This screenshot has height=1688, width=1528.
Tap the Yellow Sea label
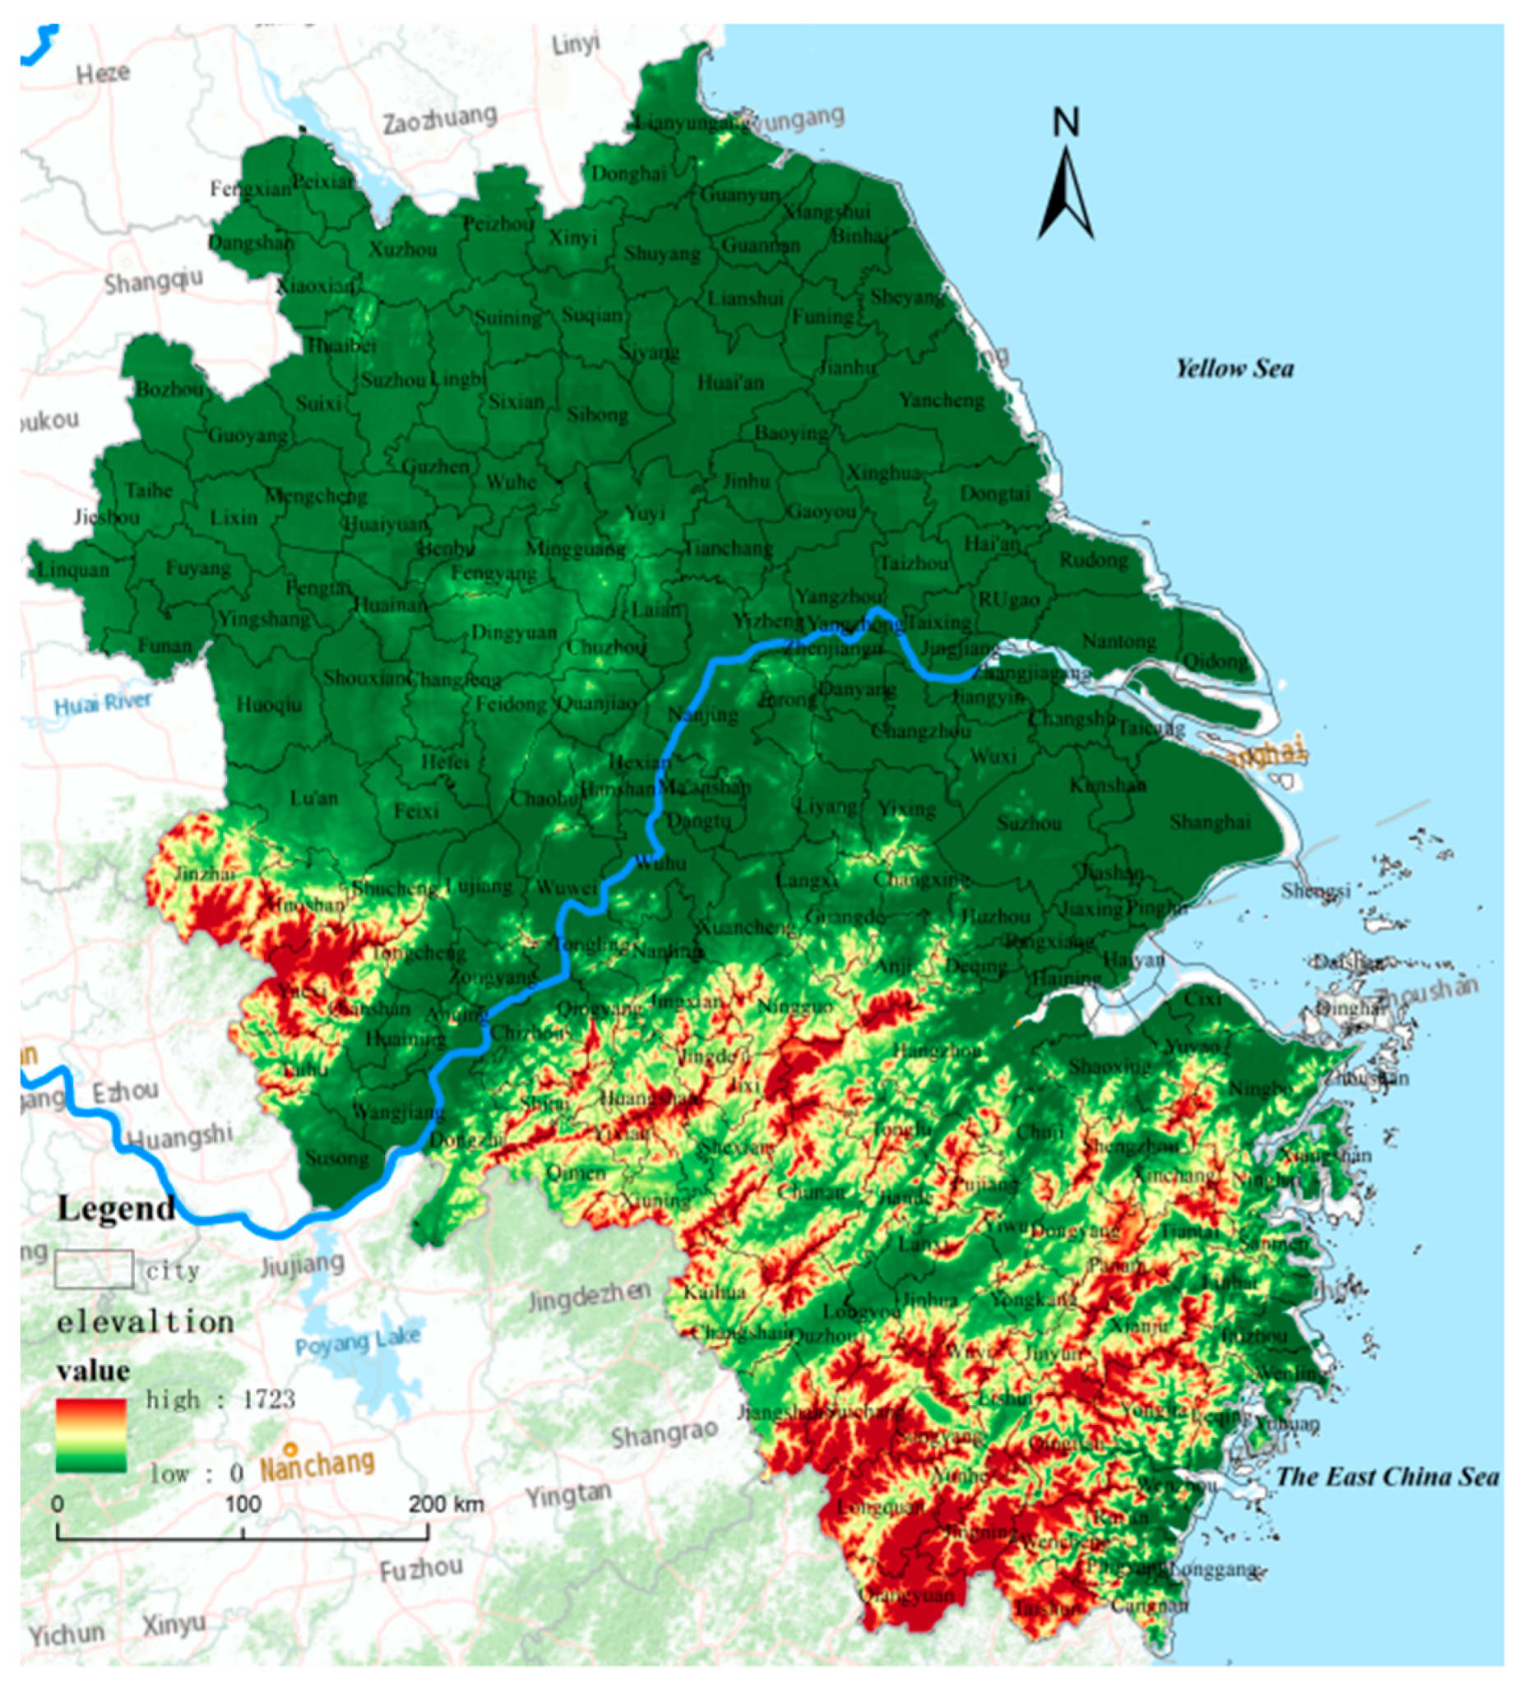(x=1234, y=368)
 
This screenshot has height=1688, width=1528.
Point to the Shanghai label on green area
(x=1210, y=821)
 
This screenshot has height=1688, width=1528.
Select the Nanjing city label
(x=703, y=715)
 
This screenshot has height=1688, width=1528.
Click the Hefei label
(x=445, y=762)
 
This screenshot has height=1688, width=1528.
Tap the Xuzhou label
(x=403, y=249)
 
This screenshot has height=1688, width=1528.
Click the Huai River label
(x=103, y=703)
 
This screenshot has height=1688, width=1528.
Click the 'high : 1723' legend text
(x=220, y=1399)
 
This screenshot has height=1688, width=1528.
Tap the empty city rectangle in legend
(x=94, y=1269)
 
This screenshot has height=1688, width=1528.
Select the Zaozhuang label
(x=439, y=119)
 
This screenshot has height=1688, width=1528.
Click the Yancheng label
(x=942, y=400)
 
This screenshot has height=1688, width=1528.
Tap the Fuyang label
(x=197, y=568)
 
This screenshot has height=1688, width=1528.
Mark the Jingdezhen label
(x=589, y=1297)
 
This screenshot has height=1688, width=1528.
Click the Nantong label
(x=1118, y=642)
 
